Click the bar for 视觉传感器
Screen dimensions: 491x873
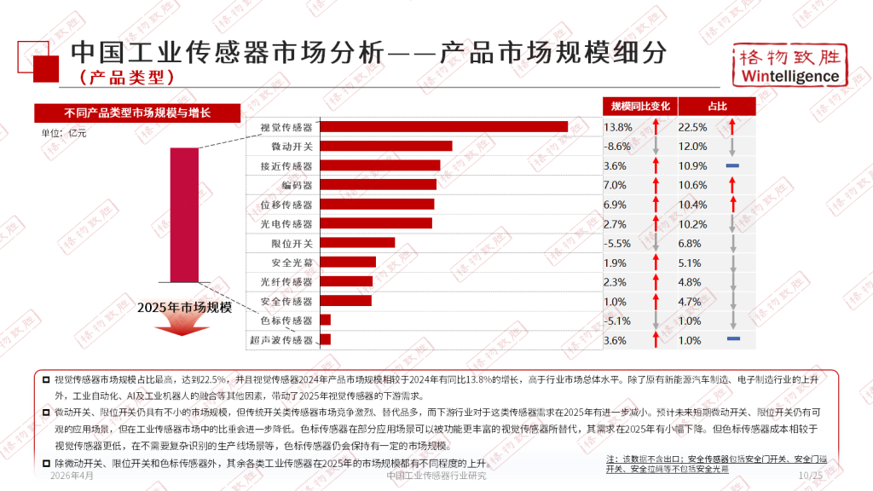(443, 126)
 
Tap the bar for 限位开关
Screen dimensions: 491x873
(357, 242)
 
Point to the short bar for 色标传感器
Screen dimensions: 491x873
(325, 320)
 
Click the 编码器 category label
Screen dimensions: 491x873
(297, 185)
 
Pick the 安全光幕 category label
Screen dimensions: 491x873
(292, 262)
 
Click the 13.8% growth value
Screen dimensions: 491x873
(618, 127)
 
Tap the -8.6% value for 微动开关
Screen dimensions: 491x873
(618, 147)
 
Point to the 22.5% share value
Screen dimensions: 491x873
(692, 127)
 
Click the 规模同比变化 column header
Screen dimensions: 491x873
(640, 106)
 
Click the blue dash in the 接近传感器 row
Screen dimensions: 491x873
(733, 165)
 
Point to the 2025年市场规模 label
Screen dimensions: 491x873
(184, 308)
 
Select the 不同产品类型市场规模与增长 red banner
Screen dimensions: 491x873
(137, 113)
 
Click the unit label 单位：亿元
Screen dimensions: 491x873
(64, 133)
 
